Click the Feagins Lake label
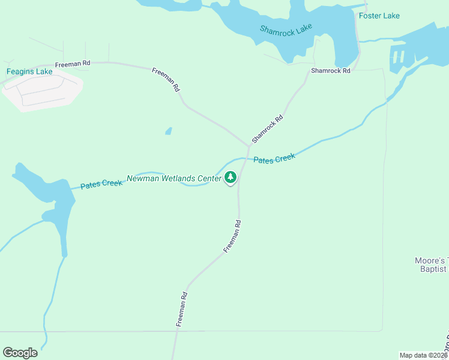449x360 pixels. (x=29, y=71)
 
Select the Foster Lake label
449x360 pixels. (x=379, y=16)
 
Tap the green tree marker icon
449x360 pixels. (x=231, y=178)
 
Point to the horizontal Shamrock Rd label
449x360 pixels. (x=330, y=71)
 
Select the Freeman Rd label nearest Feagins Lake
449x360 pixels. (x=72, y=64)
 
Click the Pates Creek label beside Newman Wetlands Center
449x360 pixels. (x=101, y=184)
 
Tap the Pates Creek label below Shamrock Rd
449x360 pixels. (x=274, y=159)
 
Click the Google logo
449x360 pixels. (x=20, y=353)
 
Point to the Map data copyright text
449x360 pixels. (x=423, y=355)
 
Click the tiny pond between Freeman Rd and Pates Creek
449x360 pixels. (x=169, y=131)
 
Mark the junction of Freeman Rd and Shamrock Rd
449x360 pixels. (x=249, y=146)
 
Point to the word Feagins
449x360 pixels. (x=21, y=71)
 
